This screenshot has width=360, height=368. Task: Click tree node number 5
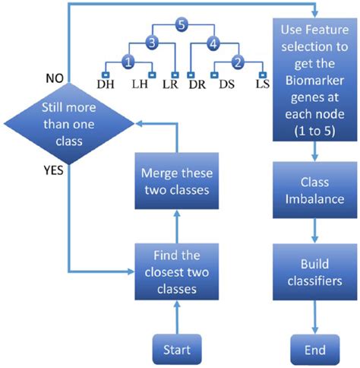tap(179, 24)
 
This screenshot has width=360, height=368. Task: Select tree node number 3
tap(152, 43)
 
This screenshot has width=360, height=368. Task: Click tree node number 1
tap(129, 61)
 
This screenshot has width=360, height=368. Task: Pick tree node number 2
tap(238, 61)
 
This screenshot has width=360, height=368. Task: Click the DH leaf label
tap(105, 85)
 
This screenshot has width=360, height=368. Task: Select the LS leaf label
tap(263, 85)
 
